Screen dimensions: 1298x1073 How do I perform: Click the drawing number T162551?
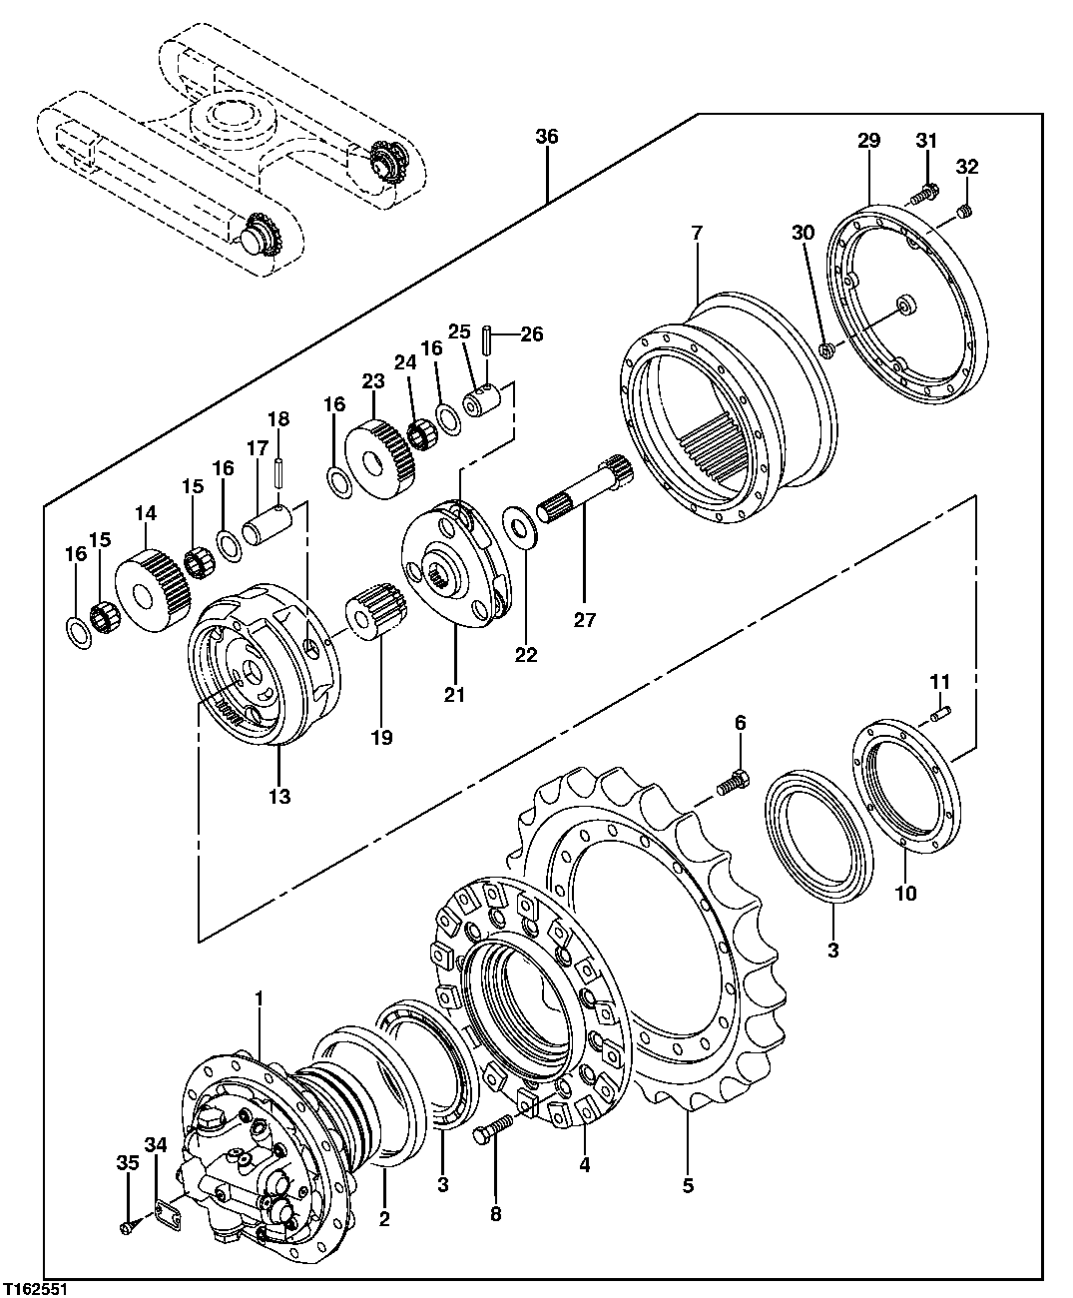(x=35, y=1290)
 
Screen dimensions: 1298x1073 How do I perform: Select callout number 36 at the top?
(x=546, y=137)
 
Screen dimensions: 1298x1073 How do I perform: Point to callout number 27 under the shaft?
(x=584, y=620)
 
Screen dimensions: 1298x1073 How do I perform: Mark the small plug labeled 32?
(x=963, y=210)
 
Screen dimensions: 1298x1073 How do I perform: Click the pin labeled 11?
(x=941, y=713)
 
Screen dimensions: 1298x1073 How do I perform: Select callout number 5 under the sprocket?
(x=688, y=1185)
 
